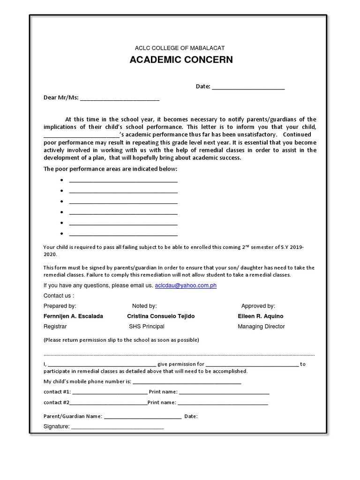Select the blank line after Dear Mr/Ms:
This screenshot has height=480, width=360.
click(120, 99)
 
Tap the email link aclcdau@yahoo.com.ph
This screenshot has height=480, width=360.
click(186, 285)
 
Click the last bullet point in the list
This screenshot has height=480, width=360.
click(61, 233)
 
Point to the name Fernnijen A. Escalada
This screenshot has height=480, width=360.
click(73, 316)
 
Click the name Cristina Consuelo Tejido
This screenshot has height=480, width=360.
click(161, 316)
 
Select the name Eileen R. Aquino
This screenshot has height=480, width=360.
click(261, 316)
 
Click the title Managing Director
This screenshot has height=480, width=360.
click(261, 327)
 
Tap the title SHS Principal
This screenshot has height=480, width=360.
click(147, 327)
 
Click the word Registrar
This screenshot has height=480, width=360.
click(55, 327)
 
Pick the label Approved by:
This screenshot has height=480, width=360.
click(258, 306)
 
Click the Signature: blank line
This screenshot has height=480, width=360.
click(117, 427)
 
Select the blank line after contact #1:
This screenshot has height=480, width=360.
click(110, 393)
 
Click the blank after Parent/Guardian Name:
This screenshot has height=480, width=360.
click(142, 417)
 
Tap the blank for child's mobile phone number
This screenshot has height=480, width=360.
click(187, 382)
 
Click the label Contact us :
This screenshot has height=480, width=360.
click(59, 296)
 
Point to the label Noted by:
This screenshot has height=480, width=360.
click(144, 306)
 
